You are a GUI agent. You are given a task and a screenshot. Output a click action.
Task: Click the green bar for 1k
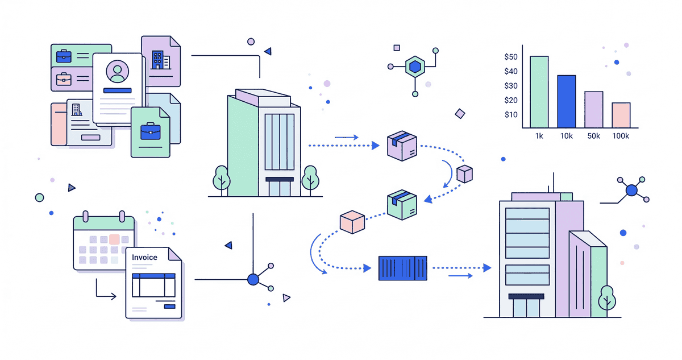[539, 92]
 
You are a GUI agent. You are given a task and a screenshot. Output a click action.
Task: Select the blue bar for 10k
[567, 101]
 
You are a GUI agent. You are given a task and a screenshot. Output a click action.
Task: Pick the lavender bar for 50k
[593, 109]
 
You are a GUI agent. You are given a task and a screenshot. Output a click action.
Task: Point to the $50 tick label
[510, 57]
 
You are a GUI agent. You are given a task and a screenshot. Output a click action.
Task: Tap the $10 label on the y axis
[510, 114]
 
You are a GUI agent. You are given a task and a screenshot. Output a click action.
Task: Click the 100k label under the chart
[621, 136]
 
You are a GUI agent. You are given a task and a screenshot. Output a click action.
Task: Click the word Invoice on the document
[144, 257]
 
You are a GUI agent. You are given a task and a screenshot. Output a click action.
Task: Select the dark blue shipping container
[403, 267]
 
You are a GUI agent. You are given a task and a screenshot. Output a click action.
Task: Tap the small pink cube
[352, 222]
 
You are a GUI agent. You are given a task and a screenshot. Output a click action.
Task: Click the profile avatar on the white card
[118, 72]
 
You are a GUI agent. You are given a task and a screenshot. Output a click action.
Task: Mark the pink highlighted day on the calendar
[114, 239]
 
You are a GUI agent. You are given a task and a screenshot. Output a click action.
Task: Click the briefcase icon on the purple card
[64, 79]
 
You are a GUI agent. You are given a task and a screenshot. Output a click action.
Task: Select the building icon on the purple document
[157, 59]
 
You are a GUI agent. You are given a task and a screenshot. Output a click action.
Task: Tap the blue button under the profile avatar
[118, 90]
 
